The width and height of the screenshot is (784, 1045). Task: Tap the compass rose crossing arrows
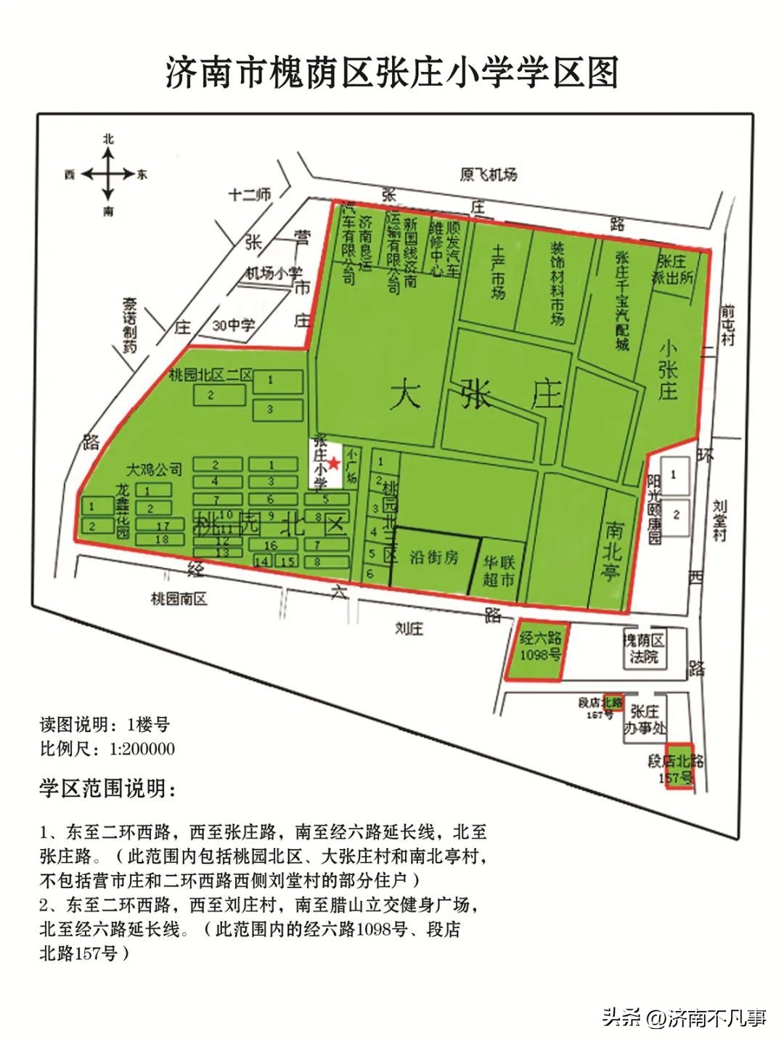107,174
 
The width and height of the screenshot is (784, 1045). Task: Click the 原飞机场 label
489,175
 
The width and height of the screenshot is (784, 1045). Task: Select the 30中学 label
233,325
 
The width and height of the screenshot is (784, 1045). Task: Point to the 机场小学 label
274,273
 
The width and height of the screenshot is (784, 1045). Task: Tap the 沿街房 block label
433,558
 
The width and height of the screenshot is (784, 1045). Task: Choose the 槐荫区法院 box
643,648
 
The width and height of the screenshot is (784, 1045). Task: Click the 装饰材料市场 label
557,282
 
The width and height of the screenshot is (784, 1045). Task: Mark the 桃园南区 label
179,598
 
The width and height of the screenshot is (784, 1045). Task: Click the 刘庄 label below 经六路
409,628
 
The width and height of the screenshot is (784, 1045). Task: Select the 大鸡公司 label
154,469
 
